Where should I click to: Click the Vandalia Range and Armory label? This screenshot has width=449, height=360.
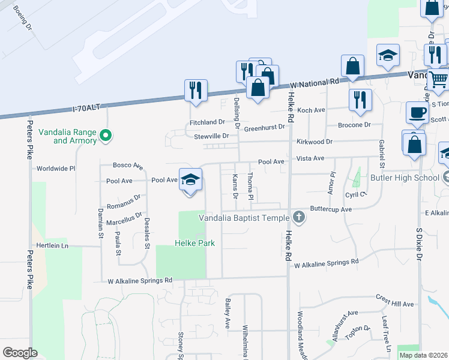tap(67, 136)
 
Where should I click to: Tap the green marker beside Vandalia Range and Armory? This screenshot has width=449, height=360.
tap(106, 136)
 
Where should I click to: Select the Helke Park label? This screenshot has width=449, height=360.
tap(194, 243)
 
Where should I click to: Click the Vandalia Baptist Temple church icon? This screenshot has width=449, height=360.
tap(299, 218)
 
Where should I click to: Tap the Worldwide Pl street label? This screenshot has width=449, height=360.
tap(56, 169)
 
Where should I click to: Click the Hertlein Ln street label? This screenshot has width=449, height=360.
tap(52, 246)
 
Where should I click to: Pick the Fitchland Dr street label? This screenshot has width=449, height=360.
tap(207, 122)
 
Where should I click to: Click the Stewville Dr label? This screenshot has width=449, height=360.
tap(211, 136)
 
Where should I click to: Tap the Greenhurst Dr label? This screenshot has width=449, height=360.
tap(264, 127)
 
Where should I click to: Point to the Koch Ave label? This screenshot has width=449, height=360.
tap(311, 110)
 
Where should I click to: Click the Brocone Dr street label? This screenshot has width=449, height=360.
tap(354, 125)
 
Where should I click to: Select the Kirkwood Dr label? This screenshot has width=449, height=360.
tap(314, 142)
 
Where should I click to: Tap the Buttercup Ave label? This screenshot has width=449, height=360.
tap(330, 209)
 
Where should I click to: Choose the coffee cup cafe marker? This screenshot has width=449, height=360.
tap(417, 112)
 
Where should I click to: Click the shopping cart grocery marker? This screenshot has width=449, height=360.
tap(439, 79)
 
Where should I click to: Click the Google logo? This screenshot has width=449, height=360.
tap(20, 353)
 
